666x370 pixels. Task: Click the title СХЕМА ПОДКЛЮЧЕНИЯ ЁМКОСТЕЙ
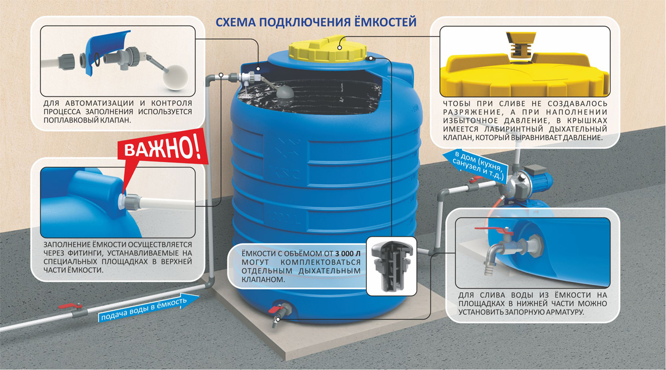tap(316, 22)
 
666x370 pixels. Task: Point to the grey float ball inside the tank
tap(285, 92)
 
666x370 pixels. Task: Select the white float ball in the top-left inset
tap(175, 77)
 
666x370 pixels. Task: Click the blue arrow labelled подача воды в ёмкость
tap(149, 307)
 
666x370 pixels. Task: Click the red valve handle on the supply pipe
tap(70, 306)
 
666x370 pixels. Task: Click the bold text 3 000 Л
tap(347, 254)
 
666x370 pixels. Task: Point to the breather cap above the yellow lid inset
tap(521, 45)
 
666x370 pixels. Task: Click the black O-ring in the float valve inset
tap(97, 59)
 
